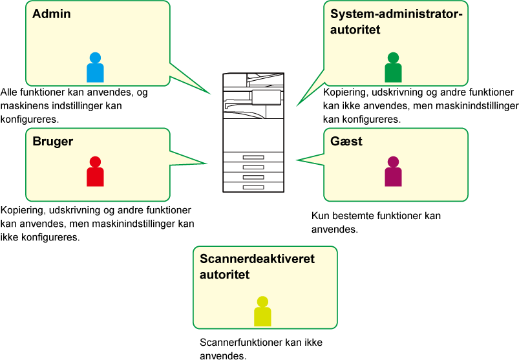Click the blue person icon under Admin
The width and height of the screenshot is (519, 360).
(x=95, y=68)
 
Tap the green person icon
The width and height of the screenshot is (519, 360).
(x=393, y=68)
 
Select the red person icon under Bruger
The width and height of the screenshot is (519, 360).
(x=95, y=172)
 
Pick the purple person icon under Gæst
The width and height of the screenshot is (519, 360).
(x=393, y=172)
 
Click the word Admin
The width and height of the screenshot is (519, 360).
(x=52, y=14)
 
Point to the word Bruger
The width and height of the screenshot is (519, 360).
(x=53, y=142)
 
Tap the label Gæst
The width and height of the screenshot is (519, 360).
(x=346, y=142)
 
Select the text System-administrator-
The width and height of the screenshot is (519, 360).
(x=397, y=14)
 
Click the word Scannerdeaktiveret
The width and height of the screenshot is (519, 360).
(x=257, y=259)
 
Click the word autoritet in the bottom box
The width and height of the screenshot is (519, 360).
(x=225, y=275)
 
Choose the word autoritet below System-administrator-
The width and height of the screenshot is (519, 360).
(x=355, y=30)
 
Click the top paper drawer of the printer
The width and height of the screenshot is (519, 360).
(x=253, y=158)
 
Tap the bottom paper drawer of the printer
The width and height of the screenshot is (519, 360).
(x=253, y=187)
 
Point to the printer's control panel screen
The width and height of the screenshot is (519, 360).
(x=266, y=97)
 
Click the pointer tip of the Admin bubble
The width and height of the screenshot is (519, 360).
(x=211, y=94)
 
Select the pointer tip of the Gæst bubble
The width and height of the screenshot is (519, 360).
(x=297, y=160)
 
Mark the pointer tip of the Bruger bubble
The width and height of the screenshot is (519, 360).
(x=207, y=164)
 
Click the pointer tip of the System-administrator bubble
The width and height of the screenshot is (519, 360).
(x=297, y=106)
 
